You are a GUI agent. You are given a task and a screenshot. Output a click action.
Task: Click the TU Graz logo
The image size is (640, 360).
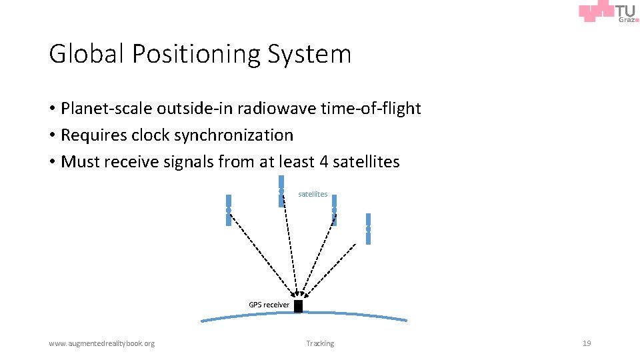609,13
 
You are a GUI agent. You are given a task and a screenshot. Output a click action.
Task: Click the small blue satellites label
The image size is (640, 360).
313,194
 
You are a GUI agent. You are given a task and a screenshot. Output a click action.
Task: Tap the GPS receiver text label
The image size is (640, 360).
269,305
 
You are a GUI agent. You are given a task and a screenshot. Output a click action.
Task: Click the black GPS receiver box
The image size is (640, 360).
298,306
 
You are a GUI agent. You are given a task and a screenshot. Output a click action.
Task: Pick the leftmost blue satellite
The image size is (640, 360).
228,210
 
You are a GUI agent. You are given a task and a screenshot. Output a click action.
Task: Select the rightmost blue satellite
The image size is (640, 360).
368,229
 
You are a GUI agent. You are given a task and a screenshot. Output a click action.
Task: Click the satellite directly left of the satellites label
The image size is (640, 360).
281,191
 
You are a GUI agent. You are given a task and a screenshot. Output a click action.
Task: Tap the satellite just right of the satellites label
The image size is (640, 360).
334,210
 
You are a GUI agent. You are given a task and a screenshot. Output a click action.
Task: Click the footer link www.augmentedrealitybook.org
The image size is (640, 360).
101,343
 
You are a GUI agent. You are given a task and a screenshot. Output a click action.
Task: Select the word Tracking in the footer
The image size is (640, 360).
320,343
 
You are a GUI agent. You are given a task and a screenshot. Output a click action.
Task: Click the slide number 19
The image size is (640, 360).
587,343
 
